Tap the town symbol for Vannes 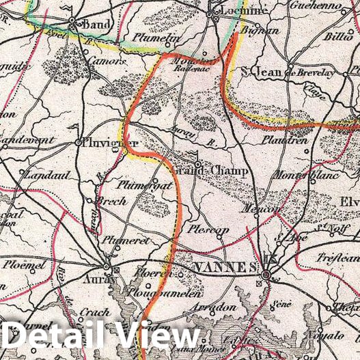click(266, 275)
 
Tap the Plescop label click(209, 230)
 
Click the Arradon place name click(217, 308)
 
